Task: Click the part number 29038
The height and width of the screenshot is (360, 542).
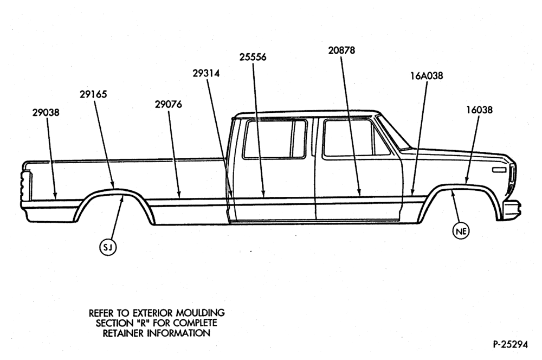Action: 46,112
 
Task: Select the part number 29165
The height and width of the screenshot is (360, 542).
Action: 93,94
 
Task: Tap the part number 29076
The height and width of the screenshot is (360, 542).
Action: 169,104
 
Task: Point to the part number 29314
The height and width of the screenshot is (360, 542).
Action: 206,73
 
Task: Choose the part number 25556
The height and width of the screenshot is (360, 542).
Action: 253,57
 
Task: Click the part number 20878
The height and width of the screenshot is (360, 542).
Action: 341,50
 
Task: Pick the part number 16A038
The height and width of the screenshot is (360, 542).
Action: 427,76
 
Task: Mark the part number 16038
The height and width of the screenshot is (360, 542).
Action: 479,110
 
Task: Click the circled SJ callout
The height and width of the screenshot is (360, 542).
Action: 108,247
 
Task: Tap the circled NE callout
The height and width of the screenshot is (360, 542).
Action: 461,230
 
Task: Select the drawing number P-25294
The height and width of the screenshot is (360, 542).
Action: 510,344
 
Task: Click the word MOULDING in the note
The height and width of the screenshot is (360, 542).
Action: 201,313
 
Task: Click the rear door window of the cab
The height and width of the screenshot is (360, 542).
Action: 275,139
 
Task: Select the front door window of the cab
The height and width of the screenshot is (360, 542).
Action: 356,138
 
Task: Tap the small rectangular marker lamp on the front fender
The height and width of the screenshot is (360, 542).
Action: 499,170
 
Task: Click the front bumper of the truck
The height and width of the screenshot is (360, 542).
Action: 512,210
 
